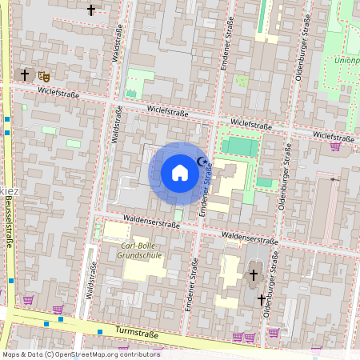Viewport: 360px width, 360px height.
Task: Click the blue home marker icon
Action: (x=180, y=173)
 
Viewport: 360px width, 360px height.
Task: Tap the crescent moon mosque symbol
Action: (x=202, y=162)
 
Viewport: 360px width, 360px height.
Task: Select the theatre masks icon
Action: (x=43, y=75)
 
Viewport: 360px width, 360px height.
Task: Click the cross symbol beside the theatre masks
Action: (x=25, y=75)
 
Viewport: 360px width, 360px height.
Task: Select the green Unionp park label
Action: (x=346, y=60)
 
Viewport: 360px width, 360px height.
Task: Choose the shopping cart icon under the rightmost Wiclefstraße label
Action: (x=335, y=146)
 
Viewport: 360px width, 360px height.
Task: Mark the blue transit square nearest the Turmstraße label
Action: (x=100, y=331)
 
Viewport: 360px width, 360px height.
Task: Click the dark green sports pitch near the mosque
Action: (x=240, y=148)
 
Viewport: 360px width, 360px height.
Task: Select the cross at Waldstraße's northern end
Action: (x=90, y=10)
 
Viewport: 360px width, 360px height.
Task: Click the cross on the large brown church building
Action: (x=254, y=275)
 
